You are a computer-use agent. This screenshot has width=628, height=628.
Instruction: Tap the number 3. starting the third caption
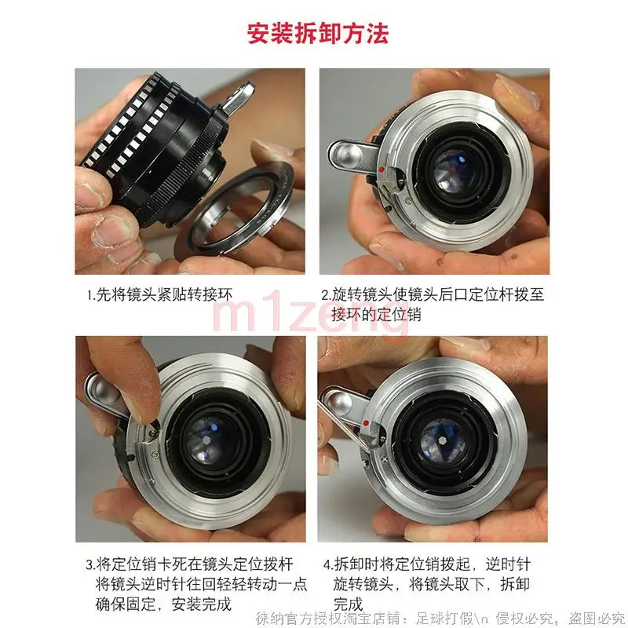(90, 564)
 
